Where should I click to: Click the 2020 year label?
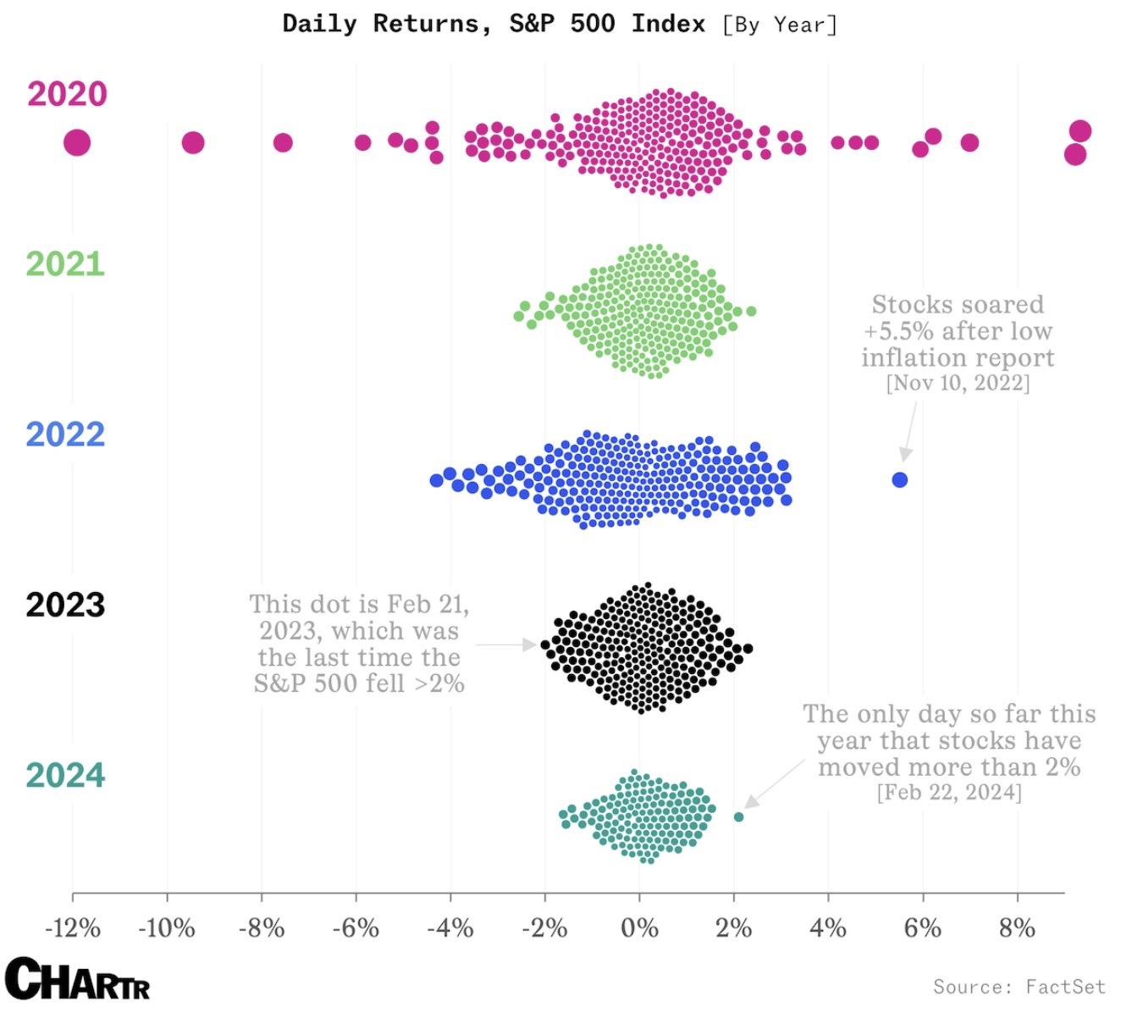pos(67,94)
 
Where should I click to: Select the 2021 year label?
pos(65,264)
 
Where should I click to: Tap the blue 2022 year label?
pos(65,434)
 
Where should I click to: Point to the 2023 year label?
pos(65,605)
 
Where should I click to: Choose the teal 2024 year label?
pos(65,775)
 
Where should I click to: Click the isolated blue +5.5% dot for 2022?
pos(899,480)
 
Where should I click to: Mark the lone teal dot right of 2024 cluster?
pos(738,817)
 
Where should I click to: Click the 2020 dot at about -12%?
pos(77,142)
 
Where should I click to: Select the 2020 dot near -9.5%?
pos(193,142)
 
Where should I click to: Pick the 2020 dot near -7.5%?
pos(283,142)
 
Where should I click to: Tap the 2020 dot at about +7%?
pos(969,142)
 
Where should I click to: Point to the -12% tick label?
pos(73,928)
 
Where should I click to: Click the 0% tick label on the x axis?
pos(639,928)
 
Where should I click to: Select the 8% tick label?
pos(1017,928)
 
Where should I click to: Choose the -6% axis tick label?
pos(356,928)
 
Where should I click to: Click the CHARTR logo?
pos(78,980)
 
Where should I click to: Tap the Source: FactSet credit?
pos(1019,987)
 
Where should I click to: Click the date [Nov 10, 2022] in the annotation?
pos(958,383)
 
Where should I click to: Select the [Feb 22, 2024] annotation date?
pos(949,792)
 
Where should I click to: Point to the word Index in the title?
pos(668,24)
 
